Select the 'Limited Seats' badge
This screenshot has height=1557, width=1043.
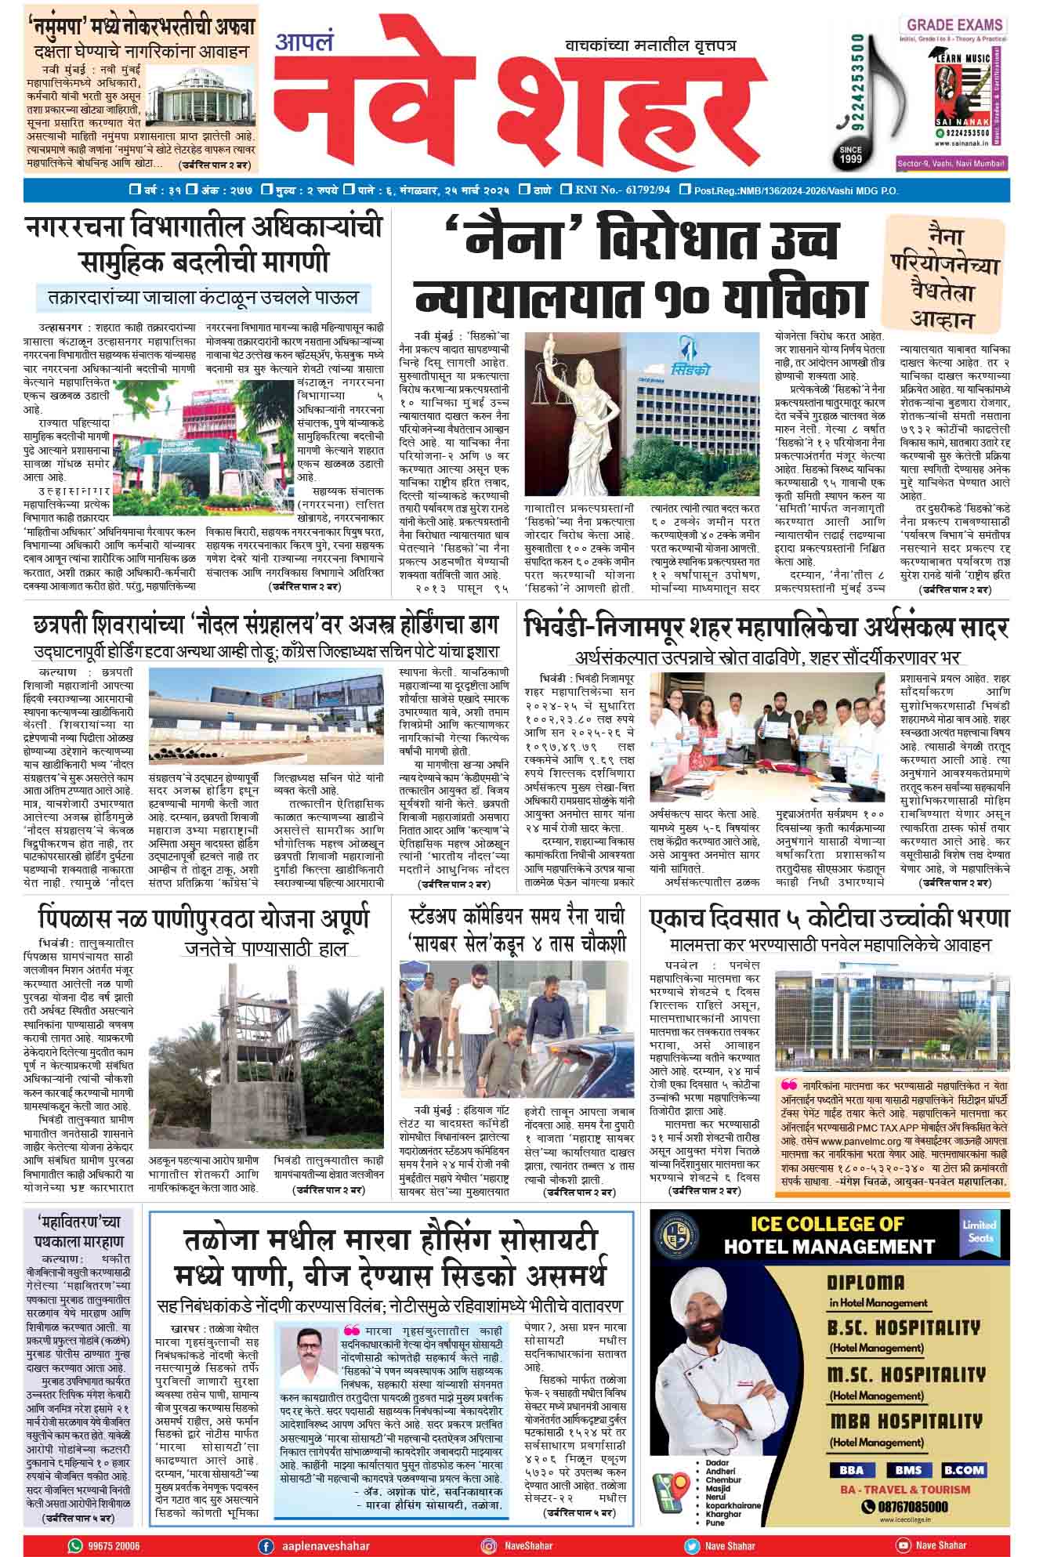tap(979, 1231)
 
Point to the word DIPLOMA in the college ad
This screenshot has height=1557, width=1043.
tap(866, 1283)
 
